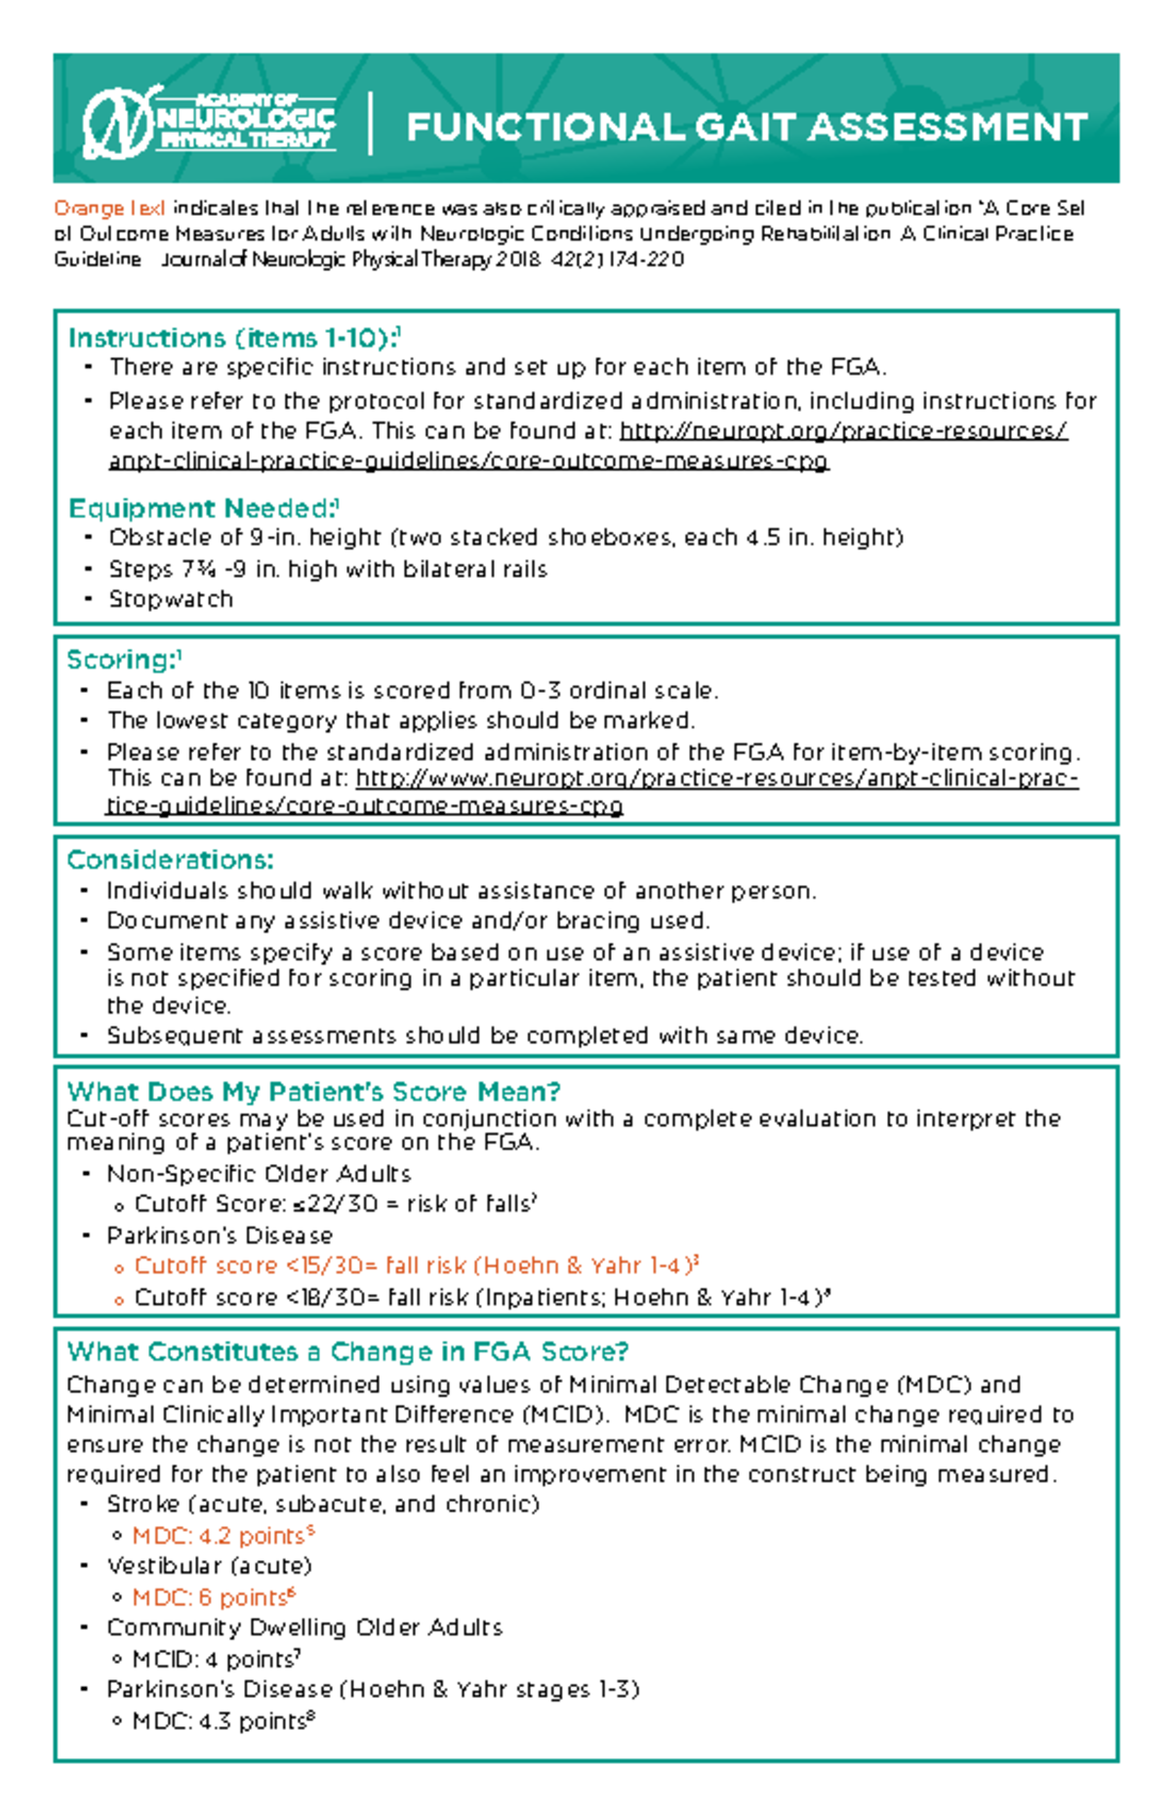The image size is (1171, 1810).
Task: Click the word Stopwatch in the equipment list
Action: pos(171,599)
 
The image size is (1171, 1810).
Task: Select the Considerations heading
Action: pos(170,860)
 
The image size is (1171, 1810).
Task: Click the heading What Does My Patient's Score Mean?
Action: pos(313,1091)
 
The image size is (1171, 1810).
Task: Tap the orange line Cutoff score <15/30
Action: pos(416,1266)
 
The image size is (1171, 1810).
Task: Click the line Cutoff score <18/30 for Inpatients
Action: pos(481,1298)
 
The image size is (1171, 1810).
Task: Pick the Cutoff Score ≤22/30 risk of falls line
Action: pos(335,1204)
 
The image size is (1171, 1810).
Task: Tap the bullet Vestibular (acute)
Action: pos(209,1566)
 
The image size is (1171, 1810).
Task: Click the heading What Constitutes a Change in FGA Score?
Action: pos(347,1351)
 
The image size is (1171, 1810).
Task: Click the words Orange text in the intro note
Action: pos(109,208)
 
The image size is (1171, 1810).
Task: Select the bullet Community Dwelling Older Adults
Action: pos(304,1628)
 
